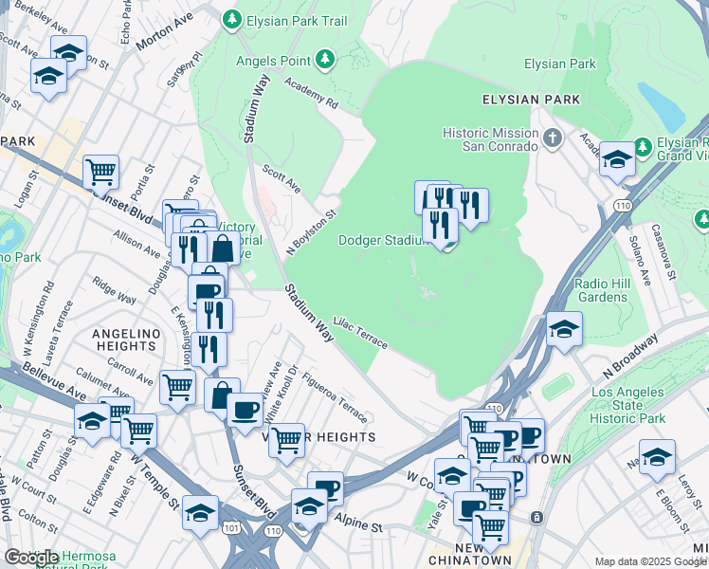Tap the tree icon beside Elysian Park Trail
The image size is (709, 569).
pos(231,18)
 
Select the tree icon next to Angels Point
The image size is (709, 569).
pos(325,61)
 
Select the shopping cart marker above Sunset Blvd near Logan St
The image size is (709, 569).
pos(100,173)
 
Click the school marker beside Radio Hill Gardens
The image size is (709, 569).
pos(564,329)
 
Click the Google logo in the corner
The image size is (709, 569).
pos(31,558)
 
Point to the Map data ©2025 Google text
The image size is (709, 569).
pos(650,561)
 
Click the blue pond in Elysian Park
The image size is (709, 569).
pos(661,106)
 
